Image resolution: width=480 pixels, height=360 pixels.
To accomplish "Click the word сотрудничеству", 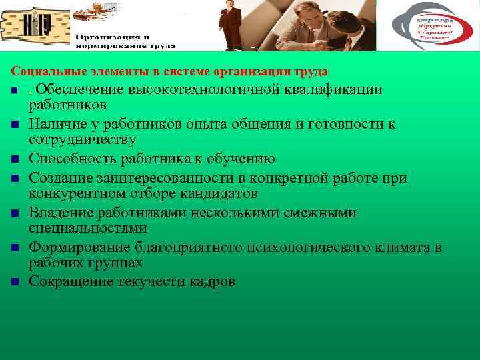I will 83,140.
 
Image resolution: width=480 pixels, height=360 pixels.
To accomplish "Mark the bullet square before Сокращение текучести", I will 14,282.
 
